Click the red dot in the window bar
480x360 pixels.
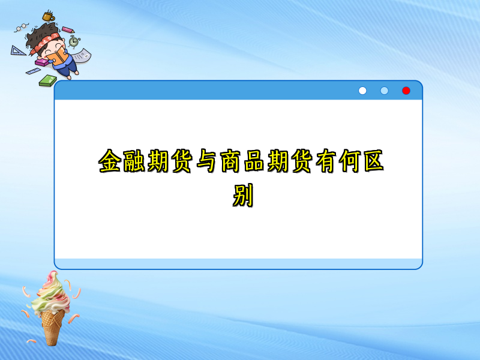point(406,91)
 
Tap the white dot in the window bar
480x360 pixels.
point(362,91)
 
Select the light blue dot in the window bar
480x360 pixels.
point(384,91)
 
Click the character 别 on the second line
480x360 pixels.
point(242,196)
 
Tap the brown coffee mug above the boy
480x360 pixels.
point(48,16)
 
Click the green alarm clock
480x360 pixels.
point(74,41)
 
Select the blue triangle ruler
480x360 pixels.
point(16,50)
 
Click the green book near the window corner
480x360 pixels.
point(47,80)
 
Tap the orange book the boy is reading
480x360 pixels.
point(58,56)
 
